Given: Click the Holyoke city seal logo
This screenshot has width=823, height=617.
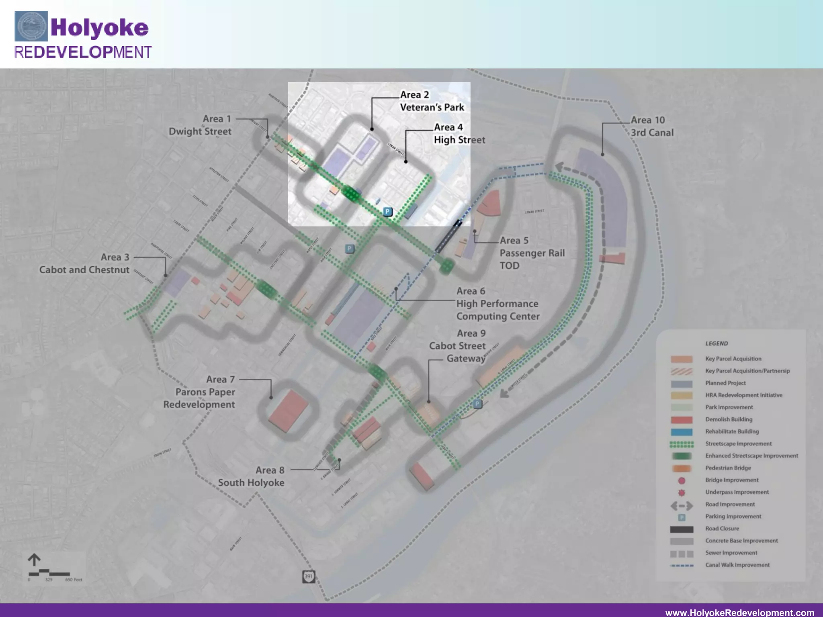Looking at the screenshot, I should (x=31, y=26).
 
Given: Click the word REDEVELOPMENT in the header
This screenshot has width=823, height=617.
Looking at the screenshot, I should (x=83, y=52).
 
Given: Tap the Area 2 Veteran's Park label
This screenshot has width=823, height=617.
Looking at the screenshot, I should (x=432, y=101).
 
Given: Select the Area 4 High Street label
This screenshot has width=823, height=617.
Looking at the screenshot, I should (x=459, y=133).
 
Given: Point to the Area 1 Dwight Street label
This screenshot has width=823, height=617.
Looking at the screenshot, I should (x=200, y=125).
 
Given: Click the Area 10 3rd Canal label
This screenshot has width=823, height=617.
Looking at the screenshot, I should (x=651, y=126).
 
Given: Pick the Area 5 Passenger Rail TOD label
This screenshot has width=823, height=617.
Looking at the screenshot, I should (x=531, y=253).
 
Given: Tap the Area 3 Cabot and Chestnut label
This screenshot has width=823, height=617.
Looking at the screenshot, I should (x=84, y=264).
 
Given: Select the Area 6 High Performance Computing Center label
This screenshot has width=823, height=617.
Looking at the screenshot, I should (x=497, y=304).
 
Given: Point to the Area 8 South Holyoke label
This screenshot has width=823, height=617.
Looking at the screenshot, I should (x=251, y=476).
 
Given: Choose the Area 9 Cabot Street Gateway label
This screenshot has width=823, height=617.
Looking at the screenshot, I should (x=458, y=346).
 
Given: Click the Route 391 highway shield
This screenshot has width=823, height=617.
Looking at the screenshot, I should (x=308, y=576).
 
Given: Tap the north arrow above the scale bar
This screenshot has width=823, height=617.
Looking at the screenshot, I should (x=34, y=560).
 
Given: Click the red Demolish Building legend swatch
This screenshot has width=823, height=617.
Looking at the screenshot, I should (x=682, y=420).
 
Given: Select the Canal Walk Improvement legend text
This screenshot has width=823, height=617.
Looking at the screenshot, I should (x=737, y=565).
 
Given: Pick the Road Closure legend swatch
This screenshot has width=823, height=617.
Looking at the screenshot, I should (x=682, y=529).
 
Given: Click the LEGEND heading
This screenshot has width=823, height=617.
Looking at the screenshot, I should (x=717, y=343).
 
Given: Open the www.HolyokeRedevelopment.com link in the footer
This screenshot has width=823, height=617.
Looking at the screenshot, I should (x=739, y=612).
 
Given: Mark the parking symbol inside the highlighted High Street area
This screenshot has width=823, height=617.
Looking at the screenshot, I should (x=387, y=211).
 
